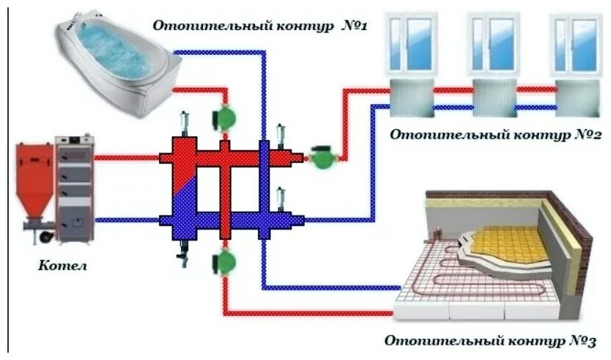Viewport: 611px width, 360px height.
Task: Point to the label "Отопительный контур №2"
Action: tap(496, 134)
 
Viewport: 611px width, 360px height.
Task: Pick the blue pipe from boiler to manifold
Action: tap(128, 218)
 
